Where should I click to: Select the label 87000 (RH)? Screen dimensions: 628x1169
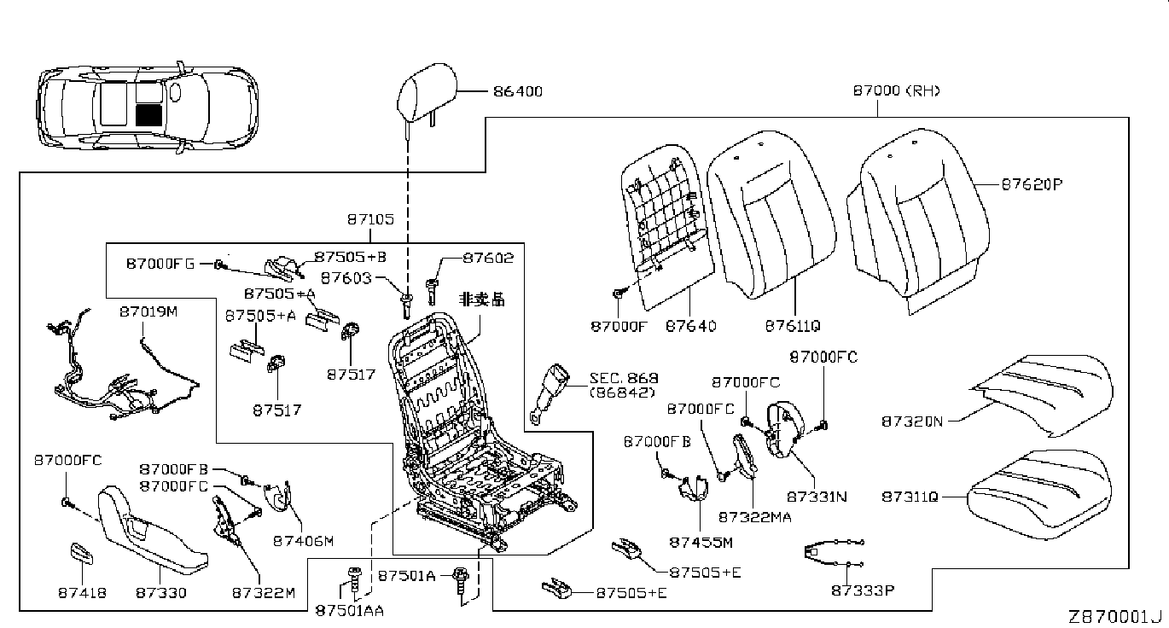tap(896, 90)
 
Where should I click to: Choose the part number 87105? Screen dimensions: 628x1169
tap(370, 219)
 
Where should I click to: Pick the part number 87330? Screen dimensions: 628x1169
tap(161, 591)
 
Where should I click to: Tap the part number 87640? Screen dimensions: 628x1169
tap(690, 325)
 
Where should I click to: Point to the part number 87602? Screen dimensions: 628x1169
tap(488, 258)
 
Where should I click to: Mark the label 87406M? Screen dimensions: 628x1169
tap(303, 540)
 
